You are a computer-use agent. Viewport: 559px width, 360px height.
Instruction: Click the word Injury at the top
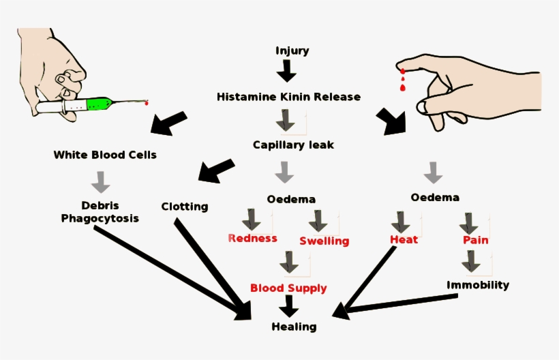[x=292, y=51]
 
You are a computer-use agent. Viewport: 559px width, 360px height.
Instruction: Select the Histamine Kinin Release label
[x=288, y=97]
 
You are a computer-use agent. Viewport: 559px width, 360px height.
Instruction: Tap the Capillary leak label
[x=293, y=145]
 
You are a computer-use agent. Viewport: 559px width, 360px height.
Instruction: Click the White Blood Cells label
[x=105, y=155]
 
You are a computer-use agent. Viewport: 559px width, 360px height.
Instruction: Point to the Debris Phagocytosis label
[x=100, y=211]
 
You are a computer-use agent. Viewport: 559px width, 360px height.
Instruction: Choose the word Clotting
[x=185, y=206]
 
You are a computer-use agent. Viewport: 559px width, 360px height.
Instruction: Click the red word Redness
[x=252, y=238]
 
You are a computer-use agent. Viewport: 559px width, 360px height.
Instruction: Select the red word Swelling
[x=324, y=241]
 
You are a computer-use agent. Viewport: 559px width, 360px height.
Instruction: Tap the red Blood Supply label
[x=288, y=288]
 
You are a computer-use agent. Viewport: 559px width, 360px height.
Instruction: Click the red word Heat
[x=404, y=239]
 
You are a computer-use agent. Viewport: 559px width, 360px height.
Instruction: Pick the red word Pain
[x=475, y=240]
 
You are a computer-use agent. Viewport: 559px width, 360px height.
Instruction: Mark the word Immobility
[x=477, y=284]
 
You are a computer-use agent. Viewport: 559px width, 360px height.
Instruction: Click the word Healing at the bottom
[x=294, y=327]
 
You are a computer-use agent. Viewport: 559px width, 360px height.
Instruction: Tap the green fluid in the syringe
[x=98, y=104]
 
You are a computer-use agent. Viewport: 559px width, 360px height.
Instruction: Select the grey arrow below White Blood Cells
[x=101, y=181]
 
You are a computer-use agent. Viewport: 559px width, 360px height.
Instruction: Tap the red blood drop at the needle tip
[x=146, y=104]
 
